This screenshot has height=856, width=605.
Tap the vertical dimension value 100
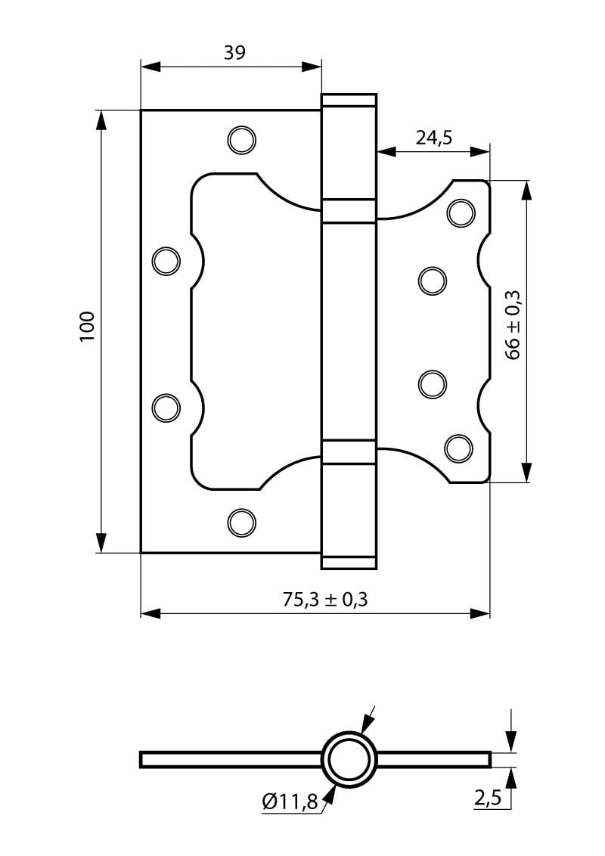coord(87,326)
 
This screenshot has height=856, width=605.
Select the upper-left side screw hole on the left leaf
coord(166,261)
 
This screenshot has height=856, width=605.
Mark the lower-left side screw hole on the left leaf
coord(166,408)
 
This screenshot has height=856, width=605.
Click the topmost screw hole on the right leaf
coord(460,212)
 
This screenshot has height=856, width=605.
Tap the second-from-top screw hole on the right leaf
coord(432,281)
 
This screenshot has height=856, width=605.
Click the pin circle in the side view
coord(349,759)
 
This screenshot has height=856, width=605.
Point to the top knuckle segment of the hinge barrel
coord(349,147)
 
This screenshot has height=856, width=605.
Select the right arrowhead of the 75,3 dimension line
coord(481,613)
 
